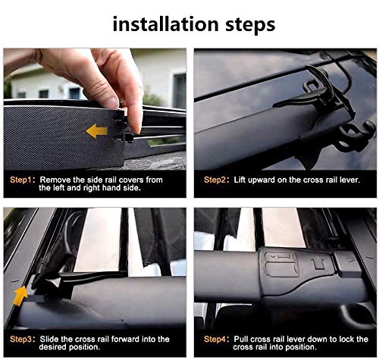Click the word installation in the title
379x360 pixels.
tap(165, 24)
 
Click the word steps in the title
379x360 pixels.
tap(250, 25)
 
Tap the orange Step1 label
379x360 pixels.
tap(20, 180)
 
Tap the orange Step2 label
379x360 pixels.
tap(215, 180)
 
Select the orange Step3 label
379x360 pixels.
tap(20, 340)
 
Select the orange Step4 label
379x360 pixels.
tap(215, 340)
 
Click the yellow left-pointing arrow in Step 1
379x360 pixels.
tap(97, 131)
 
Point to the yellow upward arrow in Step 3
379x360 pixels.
tap(20, 296)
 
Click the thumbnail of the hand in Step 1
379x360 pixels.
tap(112, 103)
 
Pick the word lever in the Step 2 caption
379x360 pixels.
tap(349, 180)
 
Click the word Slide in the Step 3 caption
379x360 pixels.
tap(49, 339)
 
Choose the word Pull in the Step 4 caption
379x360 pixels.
tap(241, 339)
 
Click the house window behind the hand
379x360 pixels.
tap(180, 90)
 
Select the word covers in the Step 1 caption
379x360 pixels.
tap(131, 180)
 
